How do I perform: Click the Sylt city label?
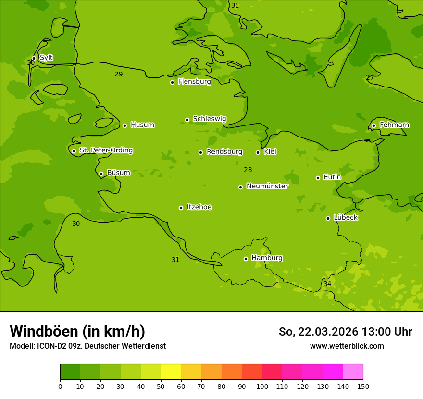click(x=46, y=58)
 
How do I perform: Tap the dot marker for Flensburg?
click(x=172, y=82)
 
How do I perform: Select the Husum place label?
click(x=142, y=125)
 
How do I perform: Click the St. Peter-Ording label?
click(x=106, y=150)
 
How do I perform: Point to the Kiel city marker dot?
click(x=258, y=152)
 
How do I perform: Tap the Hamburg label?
click(x=267, y=258)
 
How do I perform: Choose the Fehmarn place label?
click(x=394, y=125)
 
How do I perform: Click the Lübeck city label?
click(x=345, y=218)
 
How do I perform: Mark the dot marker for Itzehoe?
click(x=181, y=208)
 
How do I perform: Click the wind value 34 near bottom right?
click(x=327, y=284)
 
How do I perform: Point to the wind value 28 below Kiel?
click(x=248, y=170)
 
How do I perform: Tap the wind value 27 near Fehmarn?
click(x=370, y=78)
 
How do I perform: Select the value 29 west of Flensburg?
click(x=119, y=75)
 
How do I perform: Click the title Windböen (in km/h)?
click(x=77, y=331)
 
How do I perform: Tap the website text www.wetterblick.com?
click(x=347, y=346)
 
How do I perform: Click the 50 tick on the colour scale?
click(x=161, y=386)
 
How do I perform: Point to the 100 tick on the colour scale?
click(x=262, y=386)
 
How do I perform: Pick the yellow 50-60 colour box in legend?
click(x=171, y=372)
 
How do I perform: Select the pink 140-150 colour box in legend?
click(x=353, y=372)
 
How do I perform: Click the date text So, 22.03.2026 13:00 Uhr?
click(x=345, y=332)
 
